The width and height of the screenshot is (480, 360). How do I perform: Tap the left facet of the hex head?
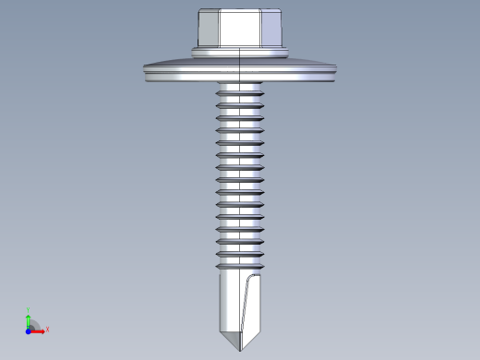tap(207, 28)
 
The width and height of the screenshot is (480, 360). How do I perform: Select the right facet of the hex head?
tap(274, 28)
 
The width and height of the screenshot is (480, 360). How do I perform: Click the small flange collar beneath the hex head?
tap(240, 48)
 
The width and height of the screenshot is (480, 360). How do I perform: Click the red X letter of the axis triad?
tap(47, 329)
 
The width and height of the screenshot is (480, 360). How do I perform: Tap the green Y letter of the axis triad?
tap(30, 311)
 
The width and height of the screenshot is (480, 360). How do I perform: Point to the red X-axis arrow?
tap(39, 330)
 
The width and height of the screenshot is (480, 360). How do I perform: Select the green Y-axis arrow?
tap(30, 320)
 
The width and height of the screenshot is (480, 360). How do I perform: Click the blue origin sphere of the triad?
tap(29, 330)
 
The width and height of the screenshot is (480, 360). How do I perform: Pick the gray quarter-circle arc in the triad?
tap(35, 324)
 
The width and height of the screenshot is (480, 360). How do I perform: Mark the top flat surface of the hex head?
tap(240, 11)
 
